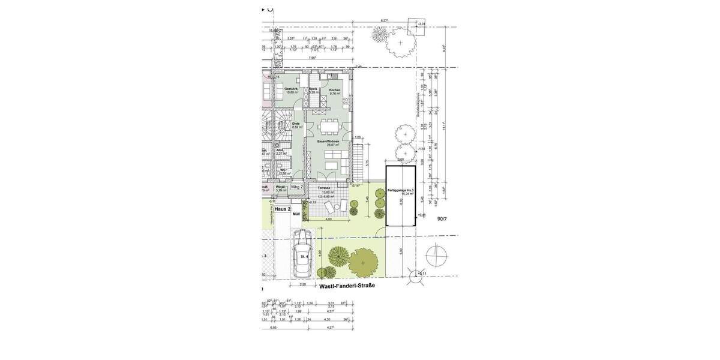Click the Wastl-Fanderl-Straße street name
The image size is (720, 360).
[x=347, y=286]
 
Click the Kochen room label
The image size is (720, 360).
[x=334, y=90]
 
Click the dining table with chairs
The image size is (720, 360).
[x=328, y=127]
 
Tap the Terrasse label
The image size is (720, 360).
[x=325, y=188]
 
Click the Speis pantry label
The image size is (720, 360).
[x=313, y=89]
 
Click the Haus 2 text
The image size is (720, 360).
[x=283, y=209]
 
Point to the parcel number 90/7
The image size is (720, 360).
[x=443, y=219]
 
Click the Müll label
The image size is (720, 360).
[x=296, y=214]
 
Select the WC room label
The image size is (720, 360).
[x=281, y=170]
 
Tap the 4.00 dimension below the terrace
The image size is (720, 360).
[x=328, y=219]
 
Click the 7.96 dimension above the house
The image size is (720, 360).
[x=311, y=58]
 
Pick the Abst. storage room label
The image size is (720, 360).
[x=280, y=151]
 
